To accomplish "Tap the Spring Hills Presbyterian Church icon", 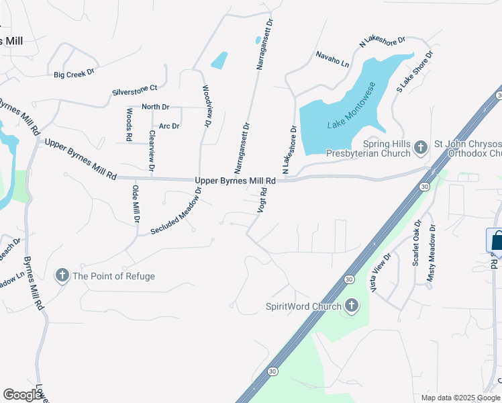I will click(x=421, y=146).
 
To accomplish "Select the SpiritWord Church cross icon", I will click(x=352, y=307).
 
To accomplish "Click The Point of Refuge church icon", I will click(x=62, y=275).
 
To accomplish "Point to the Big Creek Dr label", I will click(x=74, y=74).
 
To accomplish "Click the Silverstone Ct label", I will click(x=134, y=87).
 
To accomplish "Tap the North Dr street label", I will click(x=155, y=107).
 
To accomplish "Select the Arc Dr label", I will click(x=169, y=126).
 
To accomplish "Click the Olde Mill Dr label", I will click(x=136, y=204).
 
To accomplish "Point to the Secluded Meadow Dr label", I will click(x=177, y=211).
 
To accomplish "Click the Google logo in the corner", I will click(x=23, y=394).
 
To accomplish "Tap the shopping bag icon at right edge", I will click(x=497, y=240).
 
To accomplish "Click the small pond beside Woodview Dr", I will click(x=219, y=60).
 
